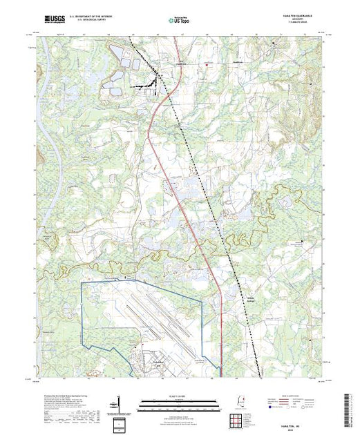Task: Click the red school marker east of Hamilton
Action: (205, 66)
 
